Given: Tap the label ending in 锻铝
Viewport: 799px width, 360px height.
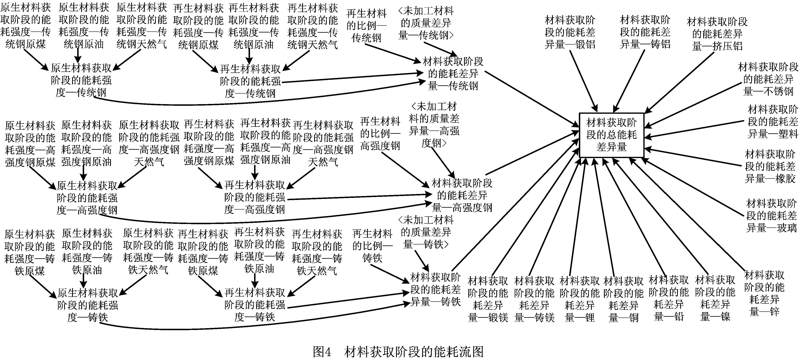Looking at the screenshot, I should [570, 32].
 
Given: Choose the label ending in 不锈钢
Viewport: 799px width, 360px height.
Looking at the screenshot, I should [768, 79].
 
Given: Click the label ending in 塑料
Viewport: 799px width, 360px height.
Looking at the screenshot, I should [772, 121].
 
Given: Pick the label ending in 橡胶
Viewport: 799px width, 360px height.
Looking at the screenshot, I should [770, 166].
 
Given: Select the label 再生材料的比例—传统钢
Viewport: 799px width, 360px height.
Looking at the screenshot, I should [366, 26].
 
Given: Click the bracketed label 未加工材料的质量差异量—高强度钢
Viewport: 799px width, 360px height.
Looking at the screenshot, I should [434, 125].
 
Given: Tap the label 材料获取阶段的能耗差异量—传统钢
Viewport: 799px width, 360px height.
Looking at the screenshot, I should [453, 74].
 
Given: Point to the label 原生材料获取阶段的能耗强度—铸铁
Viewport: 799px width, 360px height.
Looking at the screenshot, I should [88, 305].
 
